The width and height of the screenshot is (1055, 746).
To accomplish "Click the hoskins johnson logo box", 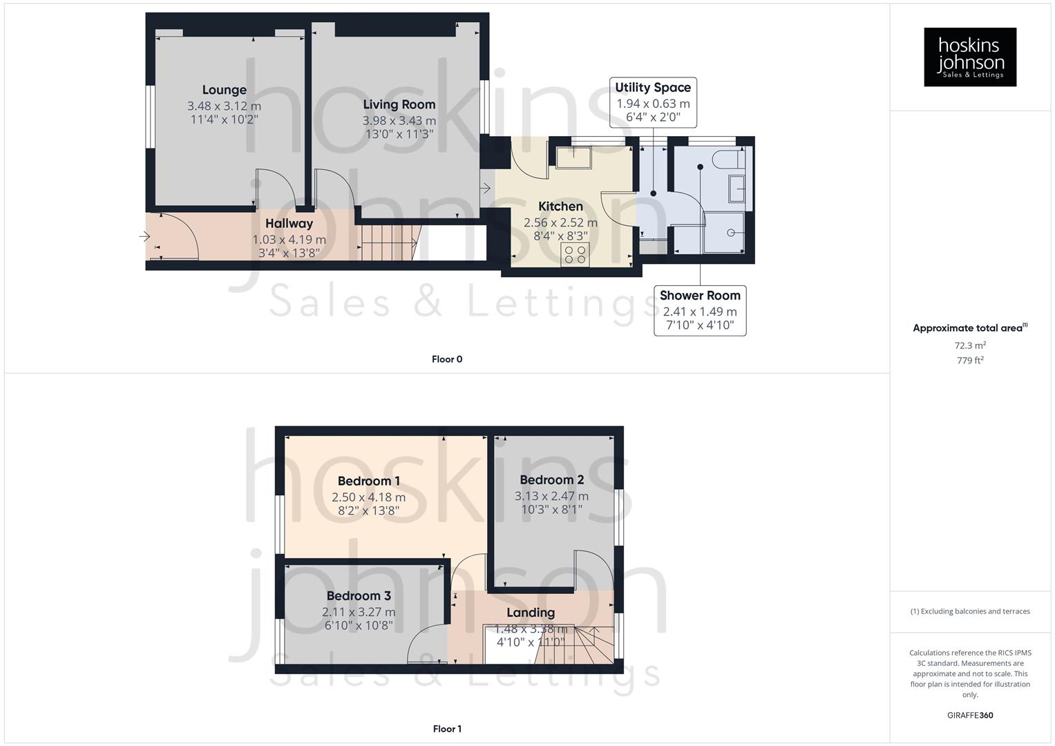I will coord(969,57).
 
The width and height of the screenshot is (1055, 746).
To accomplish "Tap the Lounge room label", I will coord(224,90).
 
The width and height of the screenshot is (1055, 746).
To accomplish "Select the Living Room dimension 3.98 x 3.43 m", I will coord(399,120).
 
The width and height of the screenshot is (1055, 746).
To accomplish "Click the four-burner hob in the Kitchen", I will coord(575,255).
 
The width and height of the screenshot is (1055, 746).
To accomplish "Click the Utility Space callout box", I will coord(653,102).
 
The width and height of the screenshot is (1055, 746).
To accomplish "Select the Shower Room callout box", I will coord(700,310).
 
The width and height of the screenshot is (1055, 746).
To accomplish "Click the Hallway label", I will coord(289,223).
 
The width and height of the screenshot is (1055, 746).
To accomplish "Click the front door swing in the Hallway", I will coord(177,237).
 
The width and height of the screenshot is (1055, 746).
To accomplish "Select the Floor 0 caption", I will coord(447,359).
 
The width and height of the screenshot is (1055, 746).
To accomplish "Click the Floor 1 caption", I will coord(447,729).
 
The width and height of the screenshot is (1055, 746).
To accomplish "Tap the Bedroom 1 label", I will coord(368,481).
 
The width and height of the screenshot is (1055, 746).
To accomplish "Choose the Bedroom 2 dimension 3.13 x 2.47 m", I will coord(551,496).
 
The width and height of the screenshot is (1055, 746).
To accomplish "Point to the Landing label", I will coord(530,613).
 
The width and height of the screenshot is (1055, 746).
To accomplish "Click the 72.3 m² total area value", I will coord(970,345).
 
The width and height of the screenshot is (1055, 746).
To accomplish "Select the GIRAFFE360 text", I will coord(970,716).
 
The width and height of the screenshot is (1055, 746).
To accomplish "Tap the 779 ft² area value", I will coord(970,361).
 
